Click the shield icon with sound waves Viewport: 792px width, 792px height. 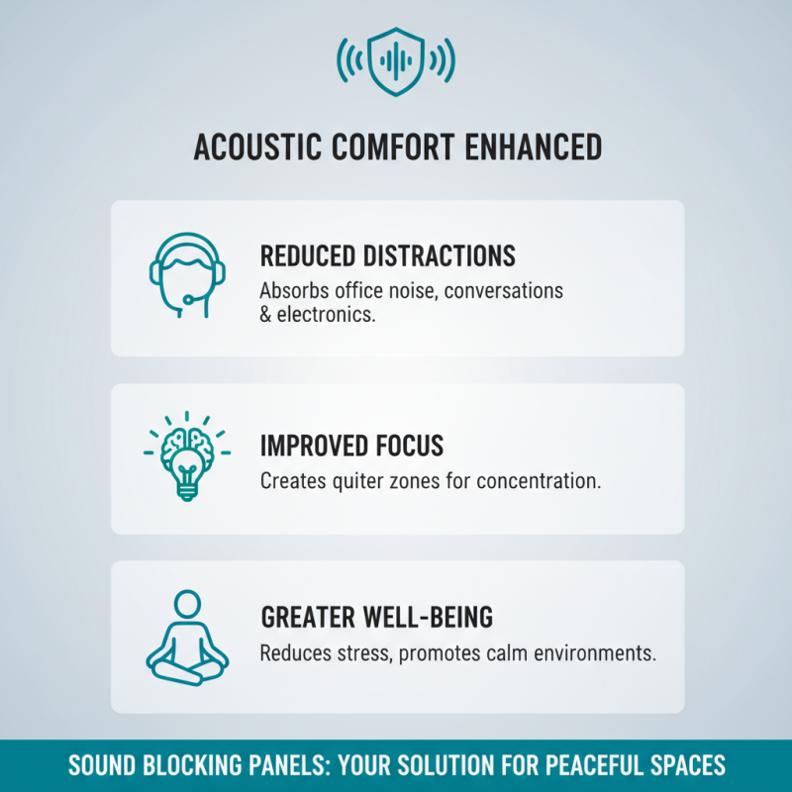point(396,62)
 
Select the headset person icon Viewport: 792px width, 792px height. point(182,274)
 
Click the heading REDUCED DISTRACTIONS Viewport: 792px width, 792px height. point(387,256)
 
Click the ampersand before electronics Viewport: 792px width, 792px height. point(266,314)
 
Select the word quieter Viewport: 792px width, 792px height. point(353,482)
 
